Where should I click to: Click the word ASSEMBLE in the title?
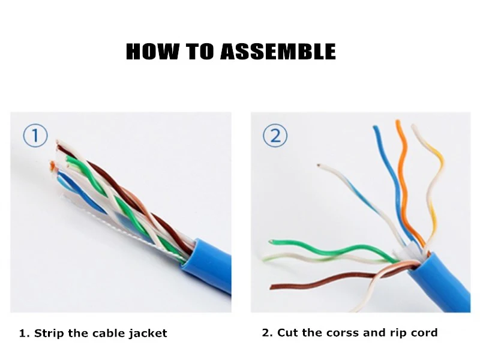point(278,51)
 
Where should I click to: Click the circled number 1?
point(35,136)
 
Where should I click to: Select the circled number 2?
point(275,136)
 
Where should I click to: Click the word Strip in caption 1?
point(49,333)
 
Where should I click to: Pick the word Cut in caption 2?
point(287,332)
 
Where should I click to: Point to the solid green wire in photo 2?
point(334,250)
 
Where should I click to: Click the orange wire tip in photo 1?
point(53,166)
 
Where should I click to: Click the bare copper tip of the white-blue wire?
point(319,166)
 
